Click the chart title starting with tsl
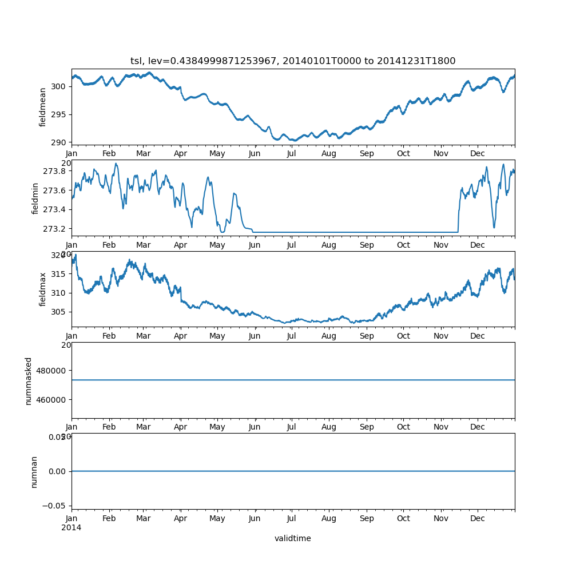(293, 61)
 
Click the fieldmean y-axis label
(42, 108)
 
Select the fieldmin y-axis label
(35, 198)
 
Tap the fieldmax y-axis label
(42, 289)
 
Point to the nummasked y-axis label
(29, 381)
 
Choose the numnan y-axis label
(34, 471)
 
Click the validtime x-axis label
(293, 538)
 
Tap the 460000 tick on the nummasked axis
(50, 399)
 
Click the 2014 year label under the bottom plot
(71, 527)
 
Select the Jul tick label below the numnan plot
(292, 519)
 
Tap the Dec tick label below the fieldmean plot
(478, 154)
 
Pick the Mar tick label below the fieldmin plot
(143, 245)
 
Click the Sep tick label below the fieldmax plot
(367, 336)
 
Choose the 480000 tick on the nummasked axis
(50, 370)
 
